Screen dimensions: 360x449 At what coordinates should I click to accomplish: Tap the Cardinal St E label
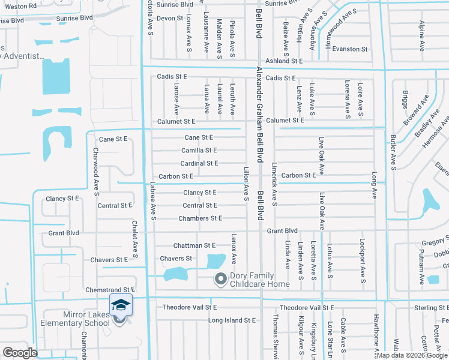(199, 163)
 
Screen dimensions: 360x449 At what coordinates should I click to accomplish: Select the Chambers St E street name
(200, 218)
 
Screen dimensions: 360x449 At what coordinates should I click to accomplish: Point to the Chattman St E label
(194, 245)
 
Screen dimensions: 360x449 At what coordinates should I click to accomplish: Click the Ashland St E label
(285, 61)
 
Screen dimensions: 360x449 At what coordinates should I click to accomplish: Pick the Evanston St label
(351, 49)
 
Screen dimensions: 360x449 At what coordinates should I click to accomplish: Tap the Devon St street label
(169, 19)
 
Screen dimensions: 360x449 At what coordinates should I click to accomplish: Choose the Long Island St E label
(231, 320)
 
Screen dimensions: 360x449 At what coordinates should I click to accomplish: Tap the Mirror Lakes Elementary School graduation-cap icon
(121, 305)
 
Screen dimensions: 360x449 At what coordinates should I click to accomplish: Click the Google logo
(20, 352)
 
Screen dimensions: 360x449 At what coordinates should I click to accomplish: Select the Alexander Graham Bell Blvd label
(260, 114)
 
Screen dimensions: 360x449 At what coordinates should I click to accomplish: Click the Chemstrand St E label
(110, 290)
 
